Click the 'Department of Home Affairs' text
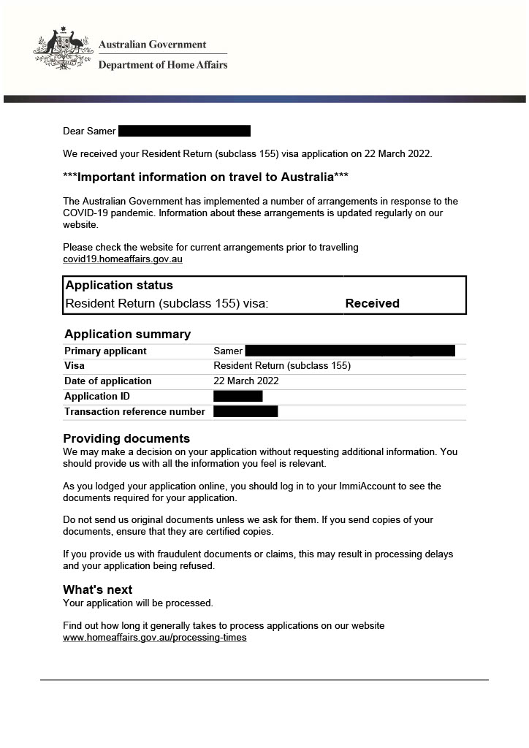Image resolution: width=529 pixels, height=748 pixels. click(163, 64)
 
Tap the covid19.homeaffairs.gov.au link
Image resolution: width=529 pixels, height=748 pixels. click(122, 259)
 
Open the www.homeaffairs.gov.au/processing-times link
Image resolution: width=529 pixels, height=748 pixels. click(155, 637)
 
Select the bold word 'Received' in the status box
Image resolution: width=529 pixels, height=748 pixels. click(372, 303)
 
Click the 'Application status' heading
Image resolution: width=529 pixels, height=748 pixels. click(119, 285)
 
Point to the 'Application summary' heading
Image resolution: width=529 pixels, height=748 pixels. click(127, 334)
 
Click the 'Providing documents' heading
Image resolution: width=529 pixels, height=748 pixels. click(126, 438)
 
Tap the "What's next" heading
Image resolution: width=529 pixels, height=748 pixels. click(98, 589)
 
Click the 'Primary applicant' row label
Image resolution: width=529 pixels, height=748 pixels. click(105, 351)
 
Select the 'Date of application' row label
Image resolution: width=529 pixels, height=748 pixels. click(108, 381)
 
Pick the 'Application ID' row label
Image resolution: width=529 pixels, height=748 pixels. click(97, 396)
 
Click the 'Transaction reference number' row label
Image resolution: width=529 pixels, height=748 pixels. click(134, 411)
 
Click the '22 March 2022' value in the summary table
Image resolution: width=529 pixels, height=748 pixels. click(246, 381)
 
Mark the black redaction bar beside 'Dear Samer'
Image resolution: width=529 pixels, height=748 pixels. click(184, 131)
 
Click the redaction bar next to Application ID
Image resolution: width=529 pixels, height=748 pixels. click(237, 396)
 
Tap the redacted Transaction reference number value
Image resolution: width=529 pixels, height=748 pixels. click(246, 411)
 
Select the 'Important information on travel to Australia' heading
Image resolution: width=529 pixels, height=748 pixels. click(205, 178)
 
